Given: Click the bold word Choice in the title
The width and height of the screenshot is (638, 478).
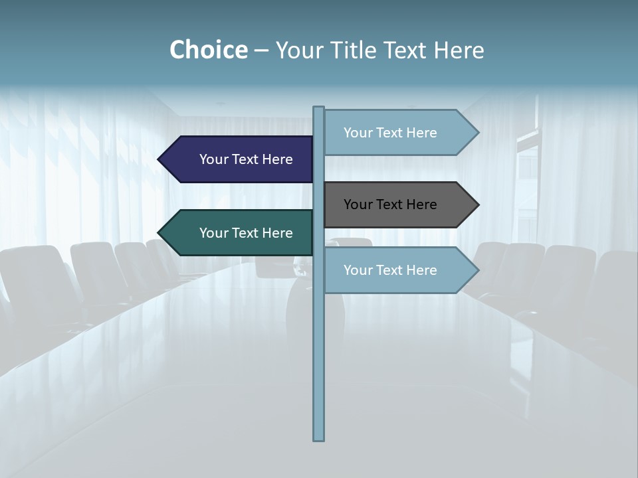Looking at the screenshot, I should click(x=208, y=50).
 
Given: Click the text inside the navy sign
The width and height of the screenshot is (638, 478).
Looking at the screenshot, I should click(x=246, y=159).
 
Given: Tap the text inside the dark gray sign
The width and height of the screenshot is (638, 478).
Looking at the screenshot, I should click(x=390, y=204).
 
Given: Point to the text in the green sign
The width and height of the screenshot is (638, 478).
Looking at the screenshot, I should click(x=246, y=233).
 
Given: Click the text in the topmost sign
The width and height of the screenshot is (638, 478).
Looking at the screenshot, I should click(x=390, y=133).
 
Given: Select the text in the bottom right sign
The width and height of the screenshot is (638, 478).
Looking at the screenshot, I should click(x=390, y=270).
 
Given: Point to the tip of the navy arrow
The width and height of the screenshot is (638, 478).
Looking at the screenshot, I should click(x=159, y=159).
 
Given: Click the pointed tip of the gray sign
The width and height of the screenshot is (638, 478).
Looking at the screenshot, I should click(x=477, y=204).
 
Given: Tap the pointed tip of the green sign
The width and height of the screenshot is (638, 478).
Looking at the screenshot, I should click(x=159, y=233).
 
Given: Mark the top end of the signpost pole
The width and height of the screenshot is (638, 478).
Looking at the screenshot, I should click(x=318, y=108).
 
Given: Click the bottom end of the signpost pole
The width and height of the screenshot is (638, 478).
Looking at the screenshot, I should click(x=318, y=439).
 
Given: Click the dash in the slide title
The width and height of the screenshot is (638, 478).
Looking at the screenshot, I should click(x=261, y=50).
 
